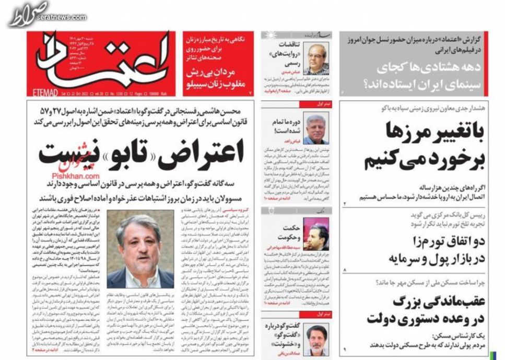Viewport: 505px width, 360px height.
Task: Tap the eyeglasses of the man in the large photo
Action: click(138, 238)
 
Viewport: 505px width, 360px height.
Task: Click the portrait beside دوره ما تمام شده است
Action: click(316, 129)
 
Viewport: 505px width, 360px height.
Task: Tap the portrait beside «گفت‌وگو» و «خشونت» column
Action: click(316, 339)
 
